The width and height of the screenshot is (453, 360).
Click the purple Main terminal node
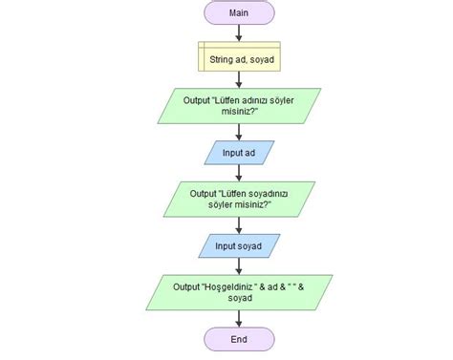[x=239, y=12]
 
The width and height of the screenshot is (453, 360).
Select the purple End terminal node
[x=239, y=339]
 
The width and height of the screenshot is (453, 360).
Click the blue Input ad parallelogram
[x=239, y=152]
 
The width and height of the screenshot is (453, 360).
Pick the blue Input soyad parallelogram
[x=239, y=245]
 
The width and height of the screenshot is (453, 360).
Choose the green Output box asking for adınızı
[x=239, y=104]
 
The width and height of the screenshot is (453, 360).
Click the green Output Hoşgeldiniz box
[x=239, y=292]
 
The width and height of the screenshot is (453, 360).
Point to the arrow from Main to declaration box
[x=239, y=32]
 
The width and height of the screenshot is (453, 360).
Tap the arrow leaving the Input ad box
[x=239, y=173]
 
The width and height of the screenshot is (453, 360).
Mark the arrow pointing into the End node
[x=239, y=319]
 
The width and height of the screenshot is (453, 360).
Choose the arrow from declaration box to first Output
[x=239, y=80]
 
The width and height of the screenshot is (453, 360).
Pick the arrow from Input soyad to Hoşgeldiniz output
[x=239, y=266]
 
